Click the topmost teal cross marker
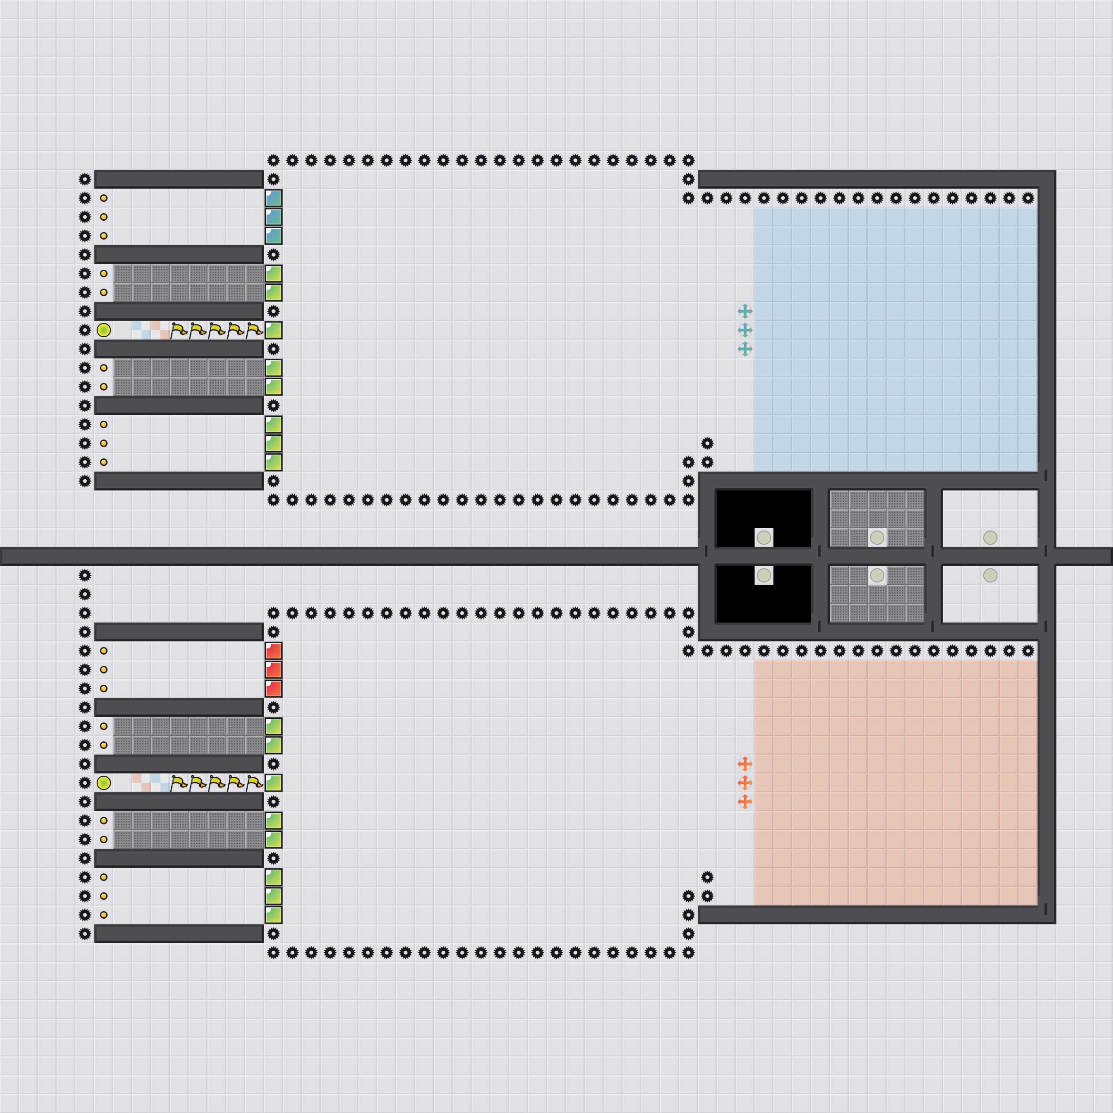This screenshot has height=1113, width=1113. (745, 311)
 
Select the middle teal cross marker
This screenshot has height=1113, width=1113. (745, 330)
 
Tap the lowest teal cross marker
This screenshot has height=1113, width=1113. (745, 349)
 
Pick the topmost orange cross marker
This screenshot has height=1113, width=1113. (745, 764)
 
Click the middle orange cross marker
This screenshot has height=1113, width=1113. (745, 783)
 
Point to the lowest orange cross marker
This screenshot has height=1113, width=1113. (745, 802)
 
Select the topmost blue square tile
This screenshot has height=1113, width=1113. (274, 198)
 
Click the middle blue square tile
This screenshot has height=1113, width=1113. (274, 217)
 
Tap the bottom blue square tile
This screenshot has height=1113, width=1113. (274, 236)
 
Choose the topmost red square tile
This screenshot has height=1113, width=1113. (274, 651)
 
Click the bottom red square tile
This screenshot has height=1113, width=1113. (274, 689)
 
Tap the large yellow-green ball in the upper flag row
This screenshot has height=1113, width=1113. (104, 330)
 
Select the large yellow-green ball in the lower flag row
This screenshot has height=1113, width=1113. (104, 783)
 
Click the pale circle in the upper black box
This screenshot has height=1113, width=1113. (764, 538)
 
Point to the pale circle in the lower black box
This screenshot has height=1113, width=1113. (764, 575)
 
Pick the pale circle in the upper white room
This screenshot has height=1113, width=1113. (990, 538)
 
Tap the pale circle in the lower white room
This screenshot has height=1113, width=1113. (990, 575)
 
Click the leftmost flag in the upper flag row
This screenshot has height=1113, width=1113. (179, 330)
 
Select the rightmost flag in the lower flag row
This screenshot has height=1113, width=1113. (255, 783)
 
